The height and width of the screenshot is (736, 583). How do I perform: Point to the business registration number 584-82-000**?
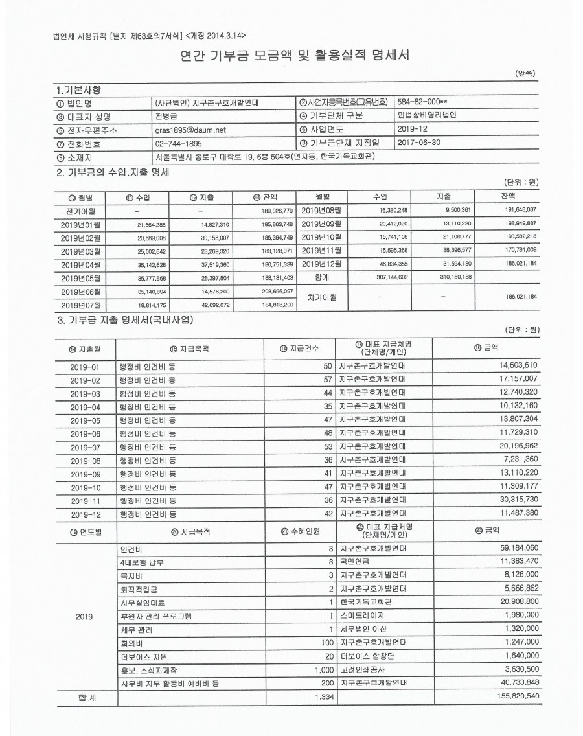tap(424, 102)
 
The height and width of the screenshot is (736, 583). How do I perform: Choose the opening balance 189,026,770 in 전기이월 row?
tap(275, 211)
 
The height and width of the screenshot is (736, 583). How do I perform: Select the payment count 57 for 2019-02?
tap(327, 380)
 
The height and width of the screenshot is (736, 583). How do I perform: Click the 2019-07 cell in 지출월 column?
tap(86, 447)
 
